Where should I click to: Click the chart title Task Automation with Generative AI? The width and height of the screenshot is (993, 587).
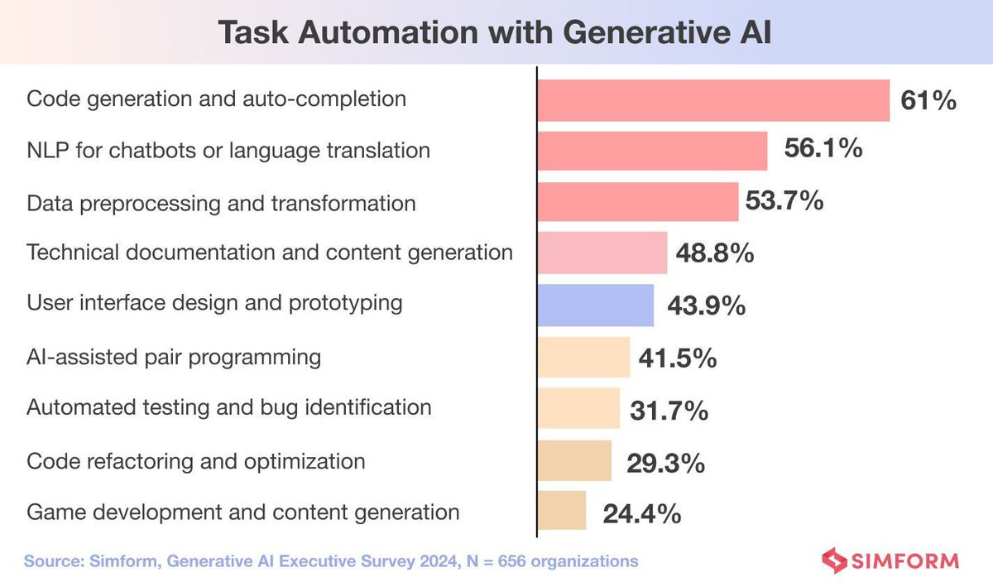click(x=495, y=36)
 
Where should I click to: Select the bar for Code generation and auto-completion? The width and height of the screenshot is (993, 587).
click(x=713, y=100)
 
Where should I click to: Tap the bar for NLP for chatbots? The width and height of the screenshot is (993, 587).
click(x=653, y=151)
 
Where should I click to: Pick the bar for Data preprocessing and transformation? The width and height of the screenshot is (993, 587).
click(x=637, y=202)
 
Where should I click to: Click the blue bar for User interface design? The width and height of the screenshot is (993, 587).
click(x=595, y=305)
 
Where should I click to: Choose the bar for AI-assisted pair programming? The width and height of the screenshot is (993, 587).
click(x=583, y=357)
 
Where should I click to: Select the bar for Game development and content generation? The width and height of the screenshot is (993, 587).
click(x=562, y=511)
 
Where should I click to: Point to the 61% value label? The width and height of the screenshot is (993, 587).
click(x=928, y=101)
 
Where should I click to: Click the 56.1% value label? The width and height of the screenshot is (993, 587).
click(x=823, y=150)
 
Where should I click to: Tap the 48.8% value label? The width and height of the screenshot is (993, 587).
click(x=714, y=253)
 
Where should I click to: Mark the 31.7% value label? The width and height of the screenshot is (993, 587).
click(x=669, y=410)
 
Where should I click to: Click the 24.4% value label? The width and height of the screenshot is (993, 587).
click(x=637, y=513)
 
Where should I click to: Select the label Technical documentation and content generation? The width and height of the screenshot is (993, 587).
click(x=270, y=253)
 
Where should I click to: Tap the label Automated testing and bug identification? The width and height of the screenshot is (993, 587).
click(x=229, y=407)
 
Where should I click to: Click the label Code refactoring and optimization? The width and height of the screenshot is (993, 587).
click(x=196, y=460)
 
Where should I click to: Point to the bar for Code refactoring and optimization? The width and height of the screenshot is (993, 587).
click(x=574, y=460)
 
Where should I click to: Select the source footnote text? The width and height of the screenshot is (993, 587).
click(x=331, y=561)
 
